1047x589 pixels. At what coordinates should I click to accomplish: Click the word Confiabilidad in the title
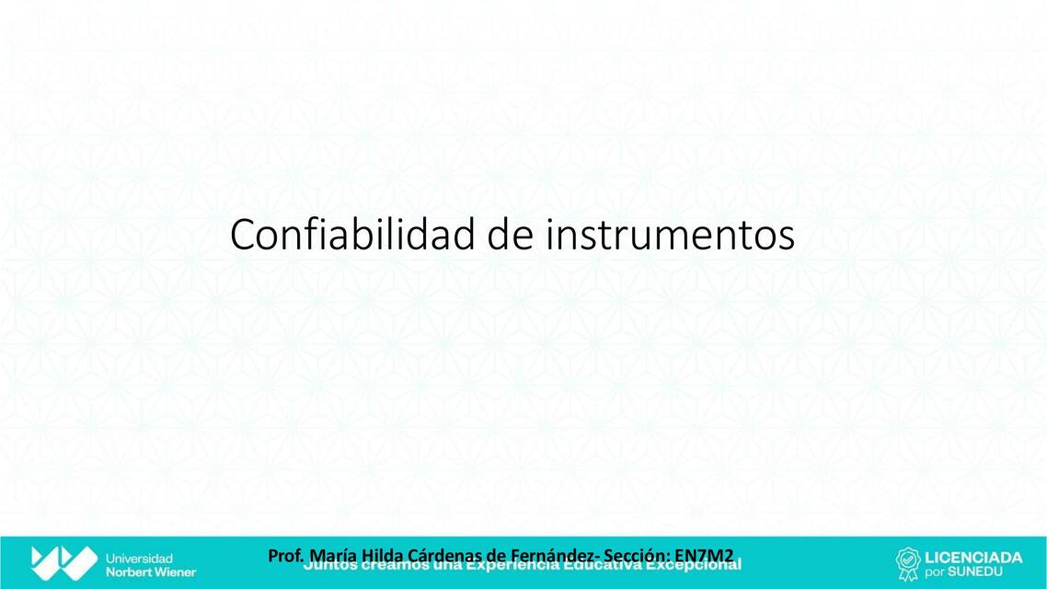pyautogui.click(x=352, y=235)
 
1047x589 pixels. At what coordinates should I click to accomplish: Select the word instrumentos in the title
pyautogui.click(x=670, y=236)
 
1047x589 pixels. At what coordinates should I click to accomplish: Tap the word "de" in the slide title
pyautogui.click(x=510, y=235)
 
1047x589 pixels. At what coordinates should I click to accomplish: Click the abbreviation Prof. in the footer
pyautogui.click(x=286, y=556)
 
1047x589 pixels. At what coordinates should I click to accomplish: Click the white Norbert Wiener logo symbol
pyautogui.click(x=63, y=562)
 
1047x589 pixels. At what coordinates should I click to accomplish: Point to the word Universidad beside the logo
pyautogui.click(x=139, y=558)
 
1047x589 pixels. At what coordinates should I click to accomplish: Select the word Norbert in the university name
pyautogui.click(x=130, y=572)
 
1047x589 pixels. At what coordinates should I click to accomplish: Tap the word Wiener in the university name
pyautogui.click(x=176, y=572)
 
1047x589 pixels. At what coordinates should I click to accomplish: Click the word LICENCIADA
pyautogui.click(x=972, y=557)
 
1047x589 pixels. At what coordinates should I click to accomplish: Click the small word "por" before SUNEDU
pyautogui.click(x=935, y=572)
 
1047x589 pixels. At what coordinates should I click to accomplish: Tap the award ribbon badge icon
pyautogui.click(x=908, y=563)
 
